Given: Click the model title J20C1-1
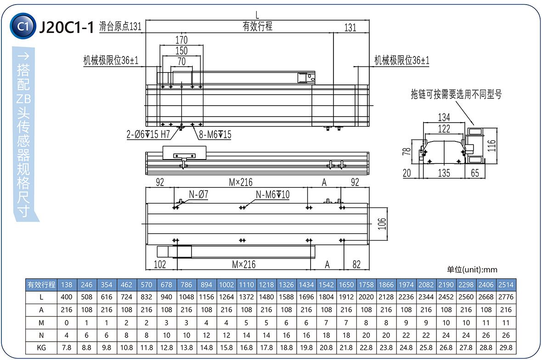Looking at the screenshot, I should click(x=67, y=28).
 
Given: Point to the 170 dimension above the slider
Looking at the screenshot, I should click(x=181, y=40).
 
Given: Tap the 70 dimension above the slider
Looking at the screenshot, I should click(x=181, y=61).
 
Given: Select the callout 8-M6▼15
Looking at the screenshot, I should click(x=215, y=135).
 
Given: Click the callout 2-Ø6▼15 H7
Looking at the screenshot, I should click(x=148, y=135).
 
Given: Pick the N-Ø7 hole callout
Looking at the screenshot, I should click(x=198, y=195).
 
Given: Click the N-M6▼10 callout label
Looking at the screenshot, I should click(x=272, y=195).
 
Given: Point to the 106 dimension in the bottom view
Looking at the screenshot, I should click(x=382, y=224).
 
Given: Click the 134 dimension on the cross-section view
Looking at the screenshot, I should click(x=444, y=118).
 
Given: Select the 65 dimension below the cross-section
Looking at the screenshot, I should click(x=475, y=173).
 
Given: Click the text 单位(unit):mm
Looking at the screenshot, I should click(x=472, y=270).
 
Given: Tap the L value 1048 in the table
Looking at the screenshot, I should click(x=186, y=297).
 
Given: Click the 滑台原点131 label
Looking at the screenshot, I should click(x=120, y=27).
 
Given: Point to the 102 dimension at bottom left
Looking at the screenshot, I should click(x=159, y=264).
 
